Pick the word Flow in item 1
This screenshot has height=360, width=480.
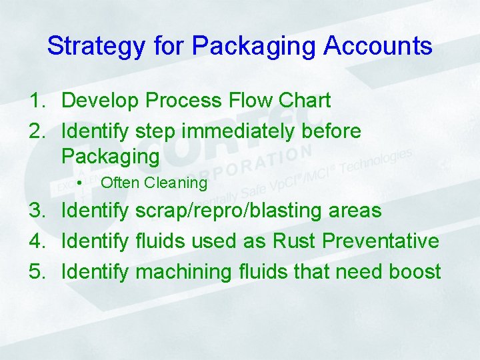[x=251, y=101]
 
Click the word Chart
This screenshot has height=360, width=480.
[x=305, y=101]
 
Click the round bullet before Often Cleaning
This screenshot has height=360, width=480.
[x=79, y=183]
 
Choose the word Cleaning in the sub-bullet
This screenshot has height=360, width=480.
[x=176, y=183]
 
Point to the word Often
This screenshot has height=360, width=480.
[x=119, y=183]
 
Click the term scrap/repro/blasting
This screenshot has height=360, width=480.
[x=229, y=211]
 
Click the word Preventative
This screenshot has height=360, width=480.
[x=381, y=241]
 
